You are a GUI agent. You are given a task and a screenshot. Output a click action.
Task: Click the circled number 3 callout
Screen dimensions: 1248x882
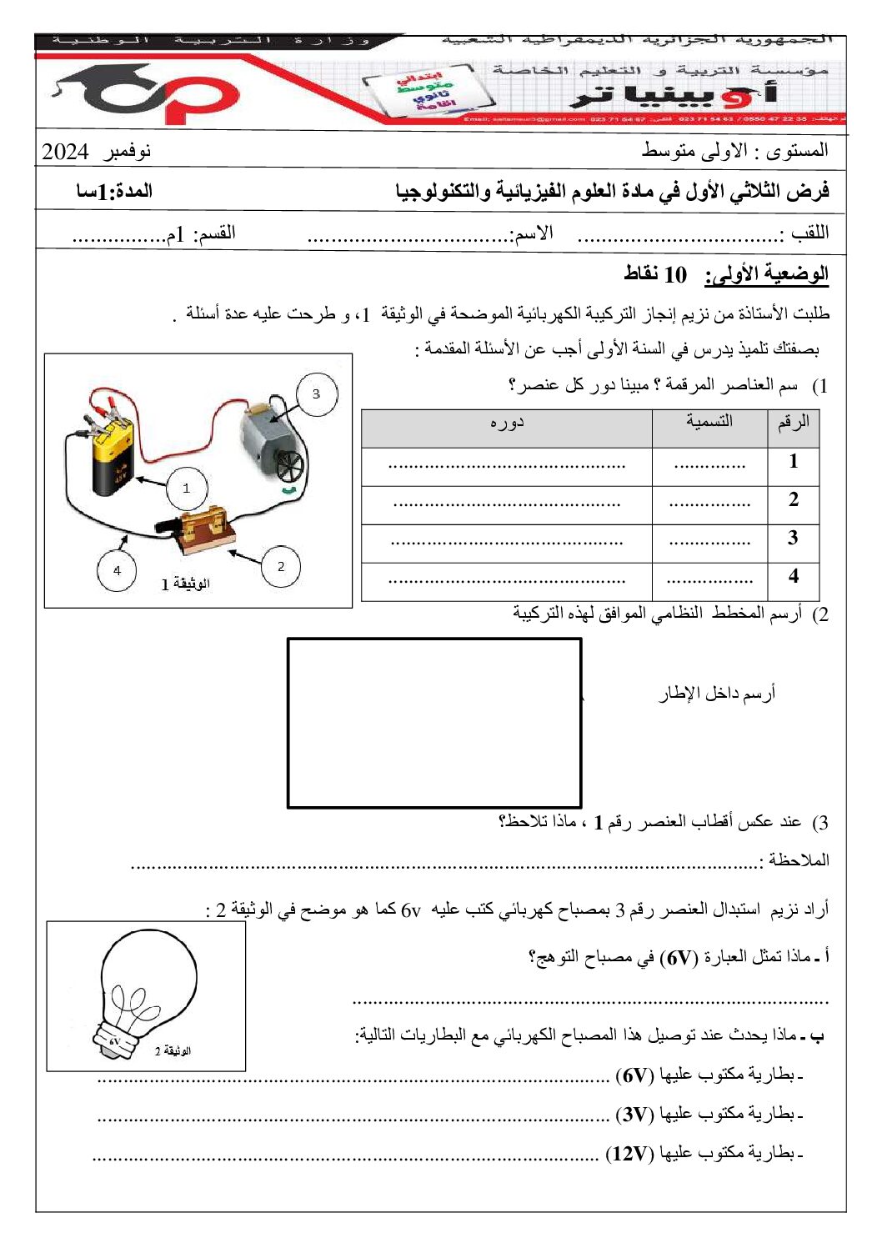pyautogui.click(x=317, y=393)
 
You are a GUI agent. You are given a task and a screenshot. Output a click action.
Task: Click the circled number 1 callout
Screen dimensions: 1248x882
pyautogui.click(x=186, y=488)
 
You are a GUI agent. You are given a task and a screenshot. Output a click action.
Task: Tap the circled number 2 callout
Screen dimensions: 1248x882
pyautogui.click(x=280, y=566)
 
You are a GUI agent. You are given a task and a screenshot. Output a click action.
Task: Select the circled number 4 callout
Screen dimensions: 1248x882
pyautogui.click(x=117, y=570)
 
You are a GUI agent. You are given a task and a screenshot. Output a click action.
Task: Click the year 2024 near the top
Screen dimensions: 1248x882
pyautogui.click(x=65, y=152)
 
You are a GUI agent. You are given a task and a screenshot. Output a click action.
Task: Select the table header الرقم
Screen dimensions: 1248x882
pyautogui.click(x=793, y=423)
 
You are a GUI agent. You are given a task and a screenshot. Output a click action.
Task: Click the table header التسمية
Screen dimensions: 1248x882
pyautogui.click(x=709, y=422)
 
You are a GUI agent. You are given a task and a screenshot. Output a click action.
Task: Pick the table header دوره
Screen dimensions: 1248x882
pyautogui.click(x=506, y=423)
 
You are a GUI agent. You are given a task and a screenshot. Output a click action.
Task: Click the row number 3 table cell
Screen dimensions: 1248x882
pyautogui.click(x=793, y=538)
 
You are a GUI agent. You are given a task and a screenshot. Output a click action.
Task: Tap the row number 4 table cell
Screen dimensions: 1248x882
pyautogui.click(x=793, y=576)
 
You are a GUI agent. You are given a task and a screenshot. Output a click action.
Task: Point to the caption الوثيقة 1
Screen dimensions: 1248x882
pyautogui.click(x=185, y=584)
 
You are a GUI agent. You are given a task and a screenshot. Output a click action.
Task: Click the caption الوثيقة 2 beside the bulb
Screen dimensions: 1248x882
pyautogui.click(x=173, y=1051)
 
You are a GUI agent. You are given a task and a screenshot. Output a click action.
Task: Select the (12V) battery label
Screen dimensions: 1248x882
pyautogui.click(x=629, y=1154)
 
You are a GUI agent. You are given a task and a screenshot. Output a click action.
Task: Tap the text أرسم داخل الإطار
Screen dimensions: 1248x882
pyautogui.click(x=718, y=694)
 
